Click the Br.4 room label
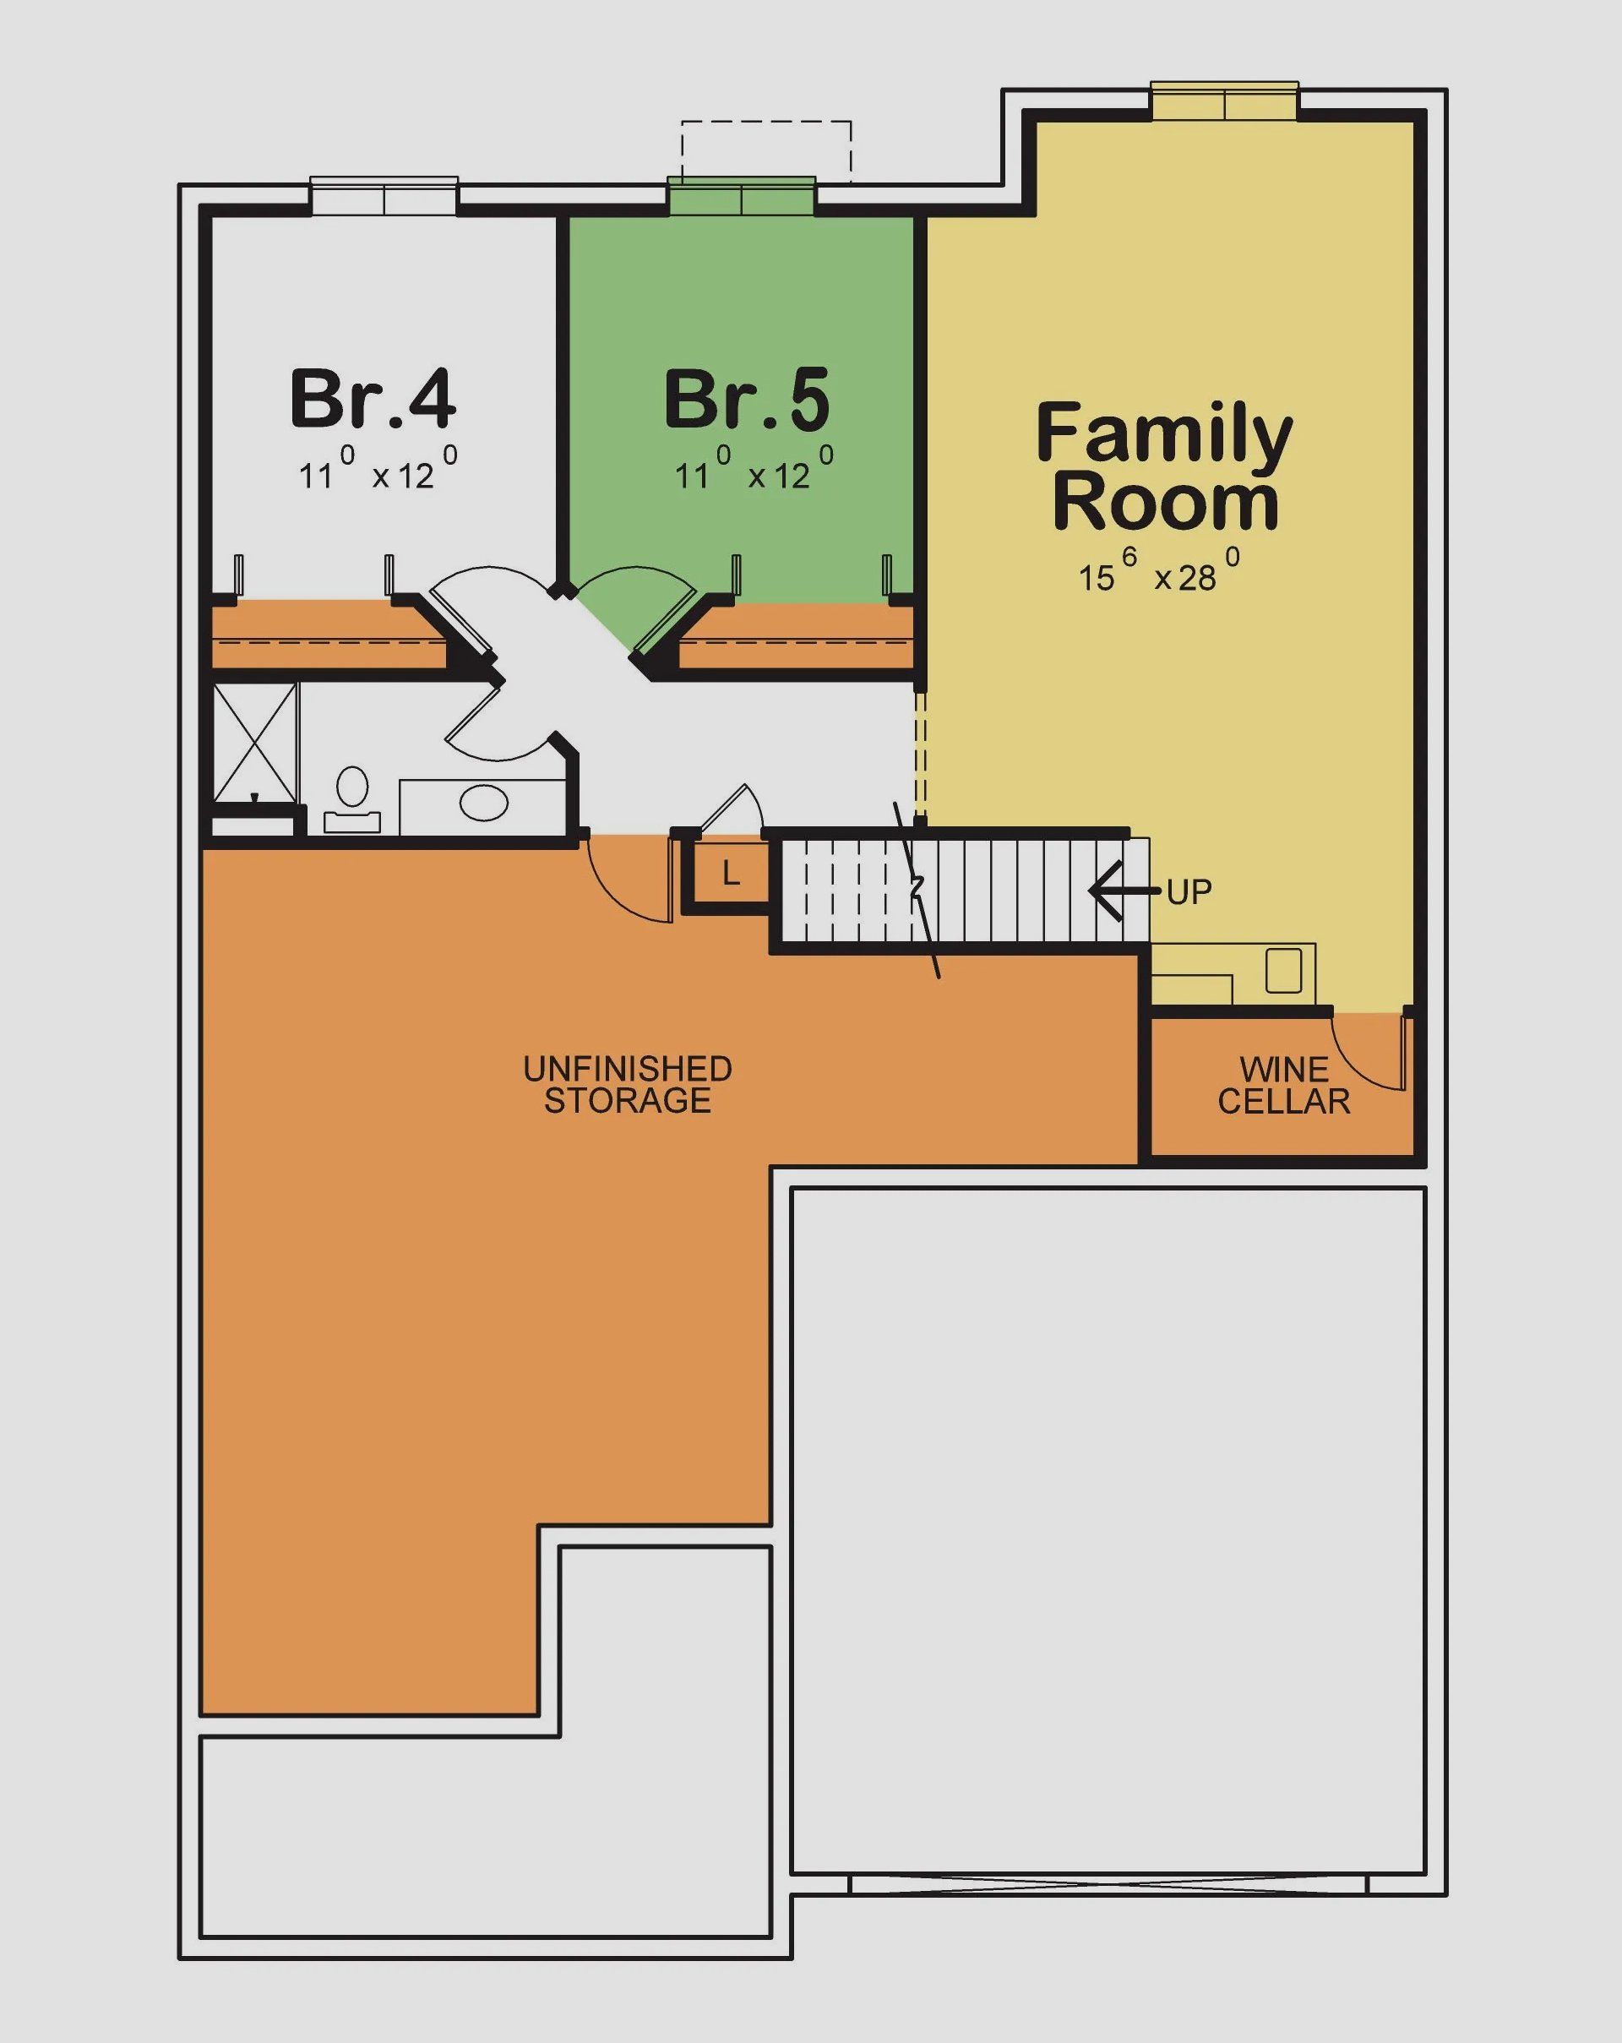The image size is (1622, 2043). coord(373,399)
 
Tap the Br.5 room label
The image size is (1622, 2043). coord(747,399)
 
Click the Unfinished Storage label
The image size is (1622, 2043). coord(627,1084)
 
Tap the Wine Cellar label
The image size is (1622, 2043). coord(1283,1085)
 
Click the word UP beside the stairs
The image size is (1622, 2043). coord(1189,891)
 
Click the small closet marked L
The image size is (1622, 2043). coord(731,874)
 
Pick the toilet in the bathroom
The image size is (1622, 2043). coord(351,796)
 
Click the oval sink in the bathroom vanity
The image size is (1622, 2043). coord(483,803)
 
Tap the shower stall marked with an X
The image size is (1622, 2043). coord(254,742)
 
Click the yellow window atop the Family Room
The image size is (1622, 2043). coord(1224,102)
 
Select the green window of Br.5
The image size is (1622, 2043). coord(741,196)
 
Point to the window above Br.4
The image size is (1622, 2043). coord(384,197)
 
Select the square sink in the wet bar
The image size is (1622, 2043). coord(1283,969)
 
